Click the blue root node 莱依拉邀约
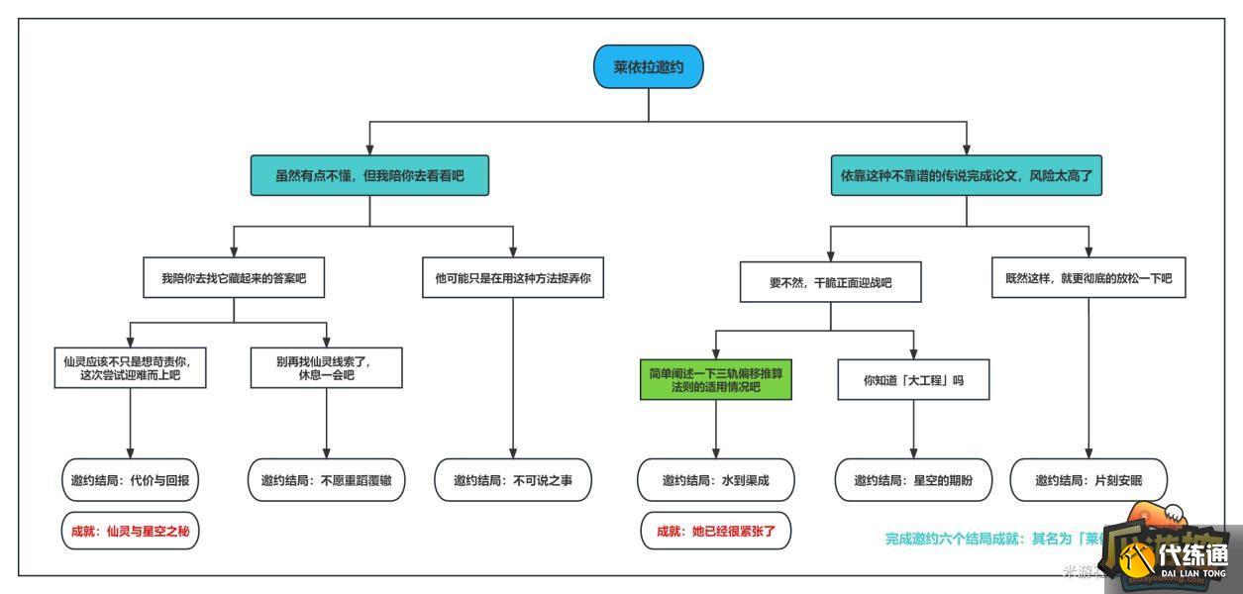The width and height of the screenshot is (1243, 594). click(x=649, y=67)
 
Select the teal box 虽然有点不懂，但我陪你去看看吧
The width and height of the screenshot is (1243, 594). click(x=369, y=176)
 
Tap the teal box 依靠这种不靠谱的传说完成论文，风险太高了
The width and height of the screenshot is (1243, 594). click(x=966, y=176)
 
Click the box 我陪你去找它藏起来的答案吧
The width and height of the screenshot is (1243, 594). click(x=234, y=278)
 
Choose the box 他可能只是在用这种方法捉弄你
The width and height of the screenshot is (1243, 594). click(x=513, y=278)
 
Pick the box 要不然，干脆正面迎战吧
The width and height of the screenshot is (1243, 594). click(x=830, y=282)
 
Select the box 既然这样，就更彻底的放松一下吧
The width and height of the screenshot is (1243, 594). click(x=1088, y=278)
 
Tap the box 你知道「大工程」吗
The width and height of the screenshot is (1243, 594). click(x=913, y=380)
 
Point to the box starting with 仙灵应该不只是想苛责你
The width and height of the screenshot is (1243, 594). click(x=131, y=368)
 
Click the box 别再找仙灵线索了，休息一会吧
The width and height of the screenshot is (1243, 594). click(x=326, y=368)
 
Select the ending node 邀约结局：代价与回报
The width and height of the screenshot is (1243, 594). click(x=131, y=480)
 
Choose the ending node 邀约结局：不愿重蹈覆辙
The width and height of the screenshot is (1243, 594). click(x=326, y=480)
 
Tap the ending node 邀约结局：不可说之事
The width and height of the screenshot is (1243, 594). click(x=513, y=480)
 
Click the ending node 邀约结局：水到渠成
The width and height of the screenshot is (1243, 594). click(x=715, y=480)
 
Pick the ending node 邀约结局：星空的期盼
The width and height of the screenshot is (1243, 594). click(x=913, y=480)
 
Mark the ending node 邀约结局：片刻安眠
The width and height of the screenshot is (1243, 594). click(x=1088, y=480)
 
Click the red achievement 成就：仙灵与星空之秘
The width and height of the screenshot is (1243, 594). click(x=131, y=531)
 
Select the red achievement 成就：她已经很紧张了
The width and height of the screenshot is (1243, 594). click(x=715, y=531)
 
